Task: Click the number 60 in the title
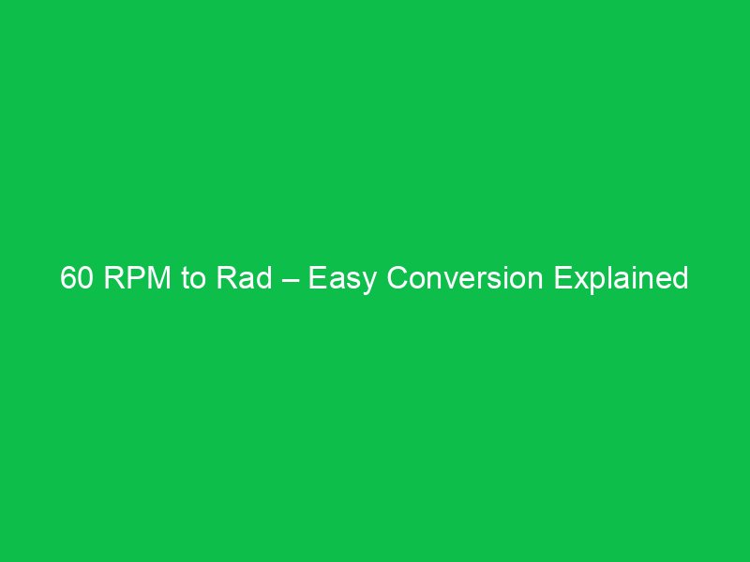click(79, 279)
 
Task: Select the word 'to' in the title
click(193, 279)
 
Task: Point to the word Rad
click(245, 279)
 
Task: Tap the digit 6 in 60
click(68, 279)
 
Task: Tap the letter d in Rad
click(263, 279)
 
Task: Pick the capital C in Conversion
click(397, 279)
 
